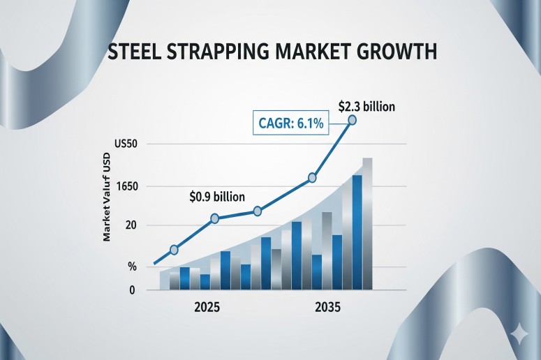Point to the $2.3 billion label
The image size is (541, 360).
coord(366,107)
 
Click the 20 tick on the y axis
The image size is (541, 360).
coord(131,225)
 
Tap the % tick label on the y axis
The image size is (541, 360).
coord(131,267)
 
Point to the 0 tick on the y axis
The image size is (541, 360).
coord(131,290)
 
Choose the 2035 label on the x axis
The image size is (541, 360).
coord(327,308)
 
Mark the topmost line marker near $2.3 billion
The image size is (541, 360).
coord(353,120)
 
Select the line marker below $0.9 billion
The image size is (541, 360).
coord(214,218)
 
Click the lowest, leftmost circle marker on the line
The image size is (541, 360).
coord(174,250)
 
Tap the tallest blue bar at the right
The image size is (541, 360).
coord(357,231)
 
